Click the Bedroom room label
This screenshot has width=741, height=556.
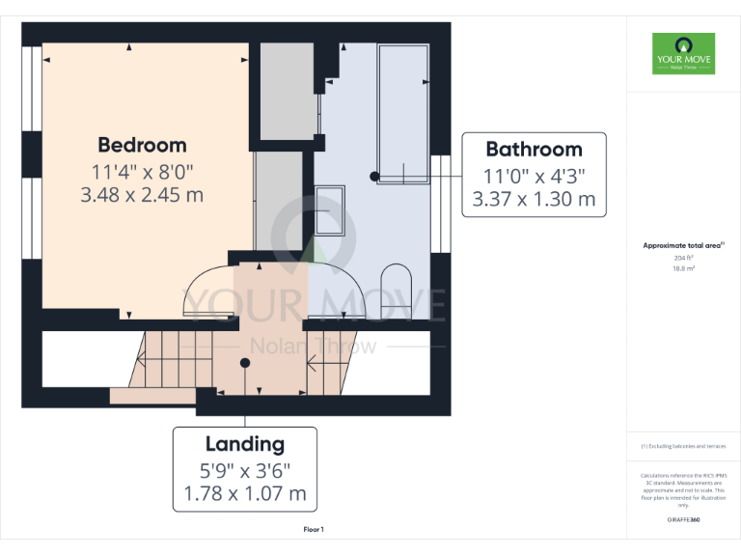(142, 146)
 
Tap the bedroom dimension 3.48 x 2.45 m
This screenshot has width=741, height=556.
(142, 195)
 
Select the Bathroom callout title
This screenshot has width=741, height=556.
(534, 150)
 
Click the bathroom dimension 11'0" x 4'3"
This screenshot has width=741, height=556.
(534, 176)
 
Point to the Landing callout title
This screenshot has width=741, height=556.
(244, 444)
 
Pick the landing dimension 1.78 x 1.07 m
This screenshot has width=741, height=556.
(244, 494)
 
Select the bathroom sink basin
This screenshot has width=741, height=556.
(330, 209)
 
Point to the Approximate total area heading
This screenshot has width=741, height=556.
(683, 246)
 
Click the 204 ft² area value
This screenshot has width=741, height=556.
(683, 258)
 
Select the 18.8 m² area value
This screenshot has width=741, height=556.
(683, 269)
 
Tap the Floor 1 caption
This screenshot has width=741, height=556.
(314, 529)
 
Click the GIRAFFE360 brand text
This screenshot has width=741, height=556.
(683, 519)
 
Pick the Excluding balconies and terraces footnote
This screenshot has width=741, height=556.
(683, 446)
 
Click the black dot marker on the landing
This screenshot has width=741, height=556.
(245, 363)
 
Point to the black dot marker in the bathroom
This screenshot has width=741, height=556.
(374, 176)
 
